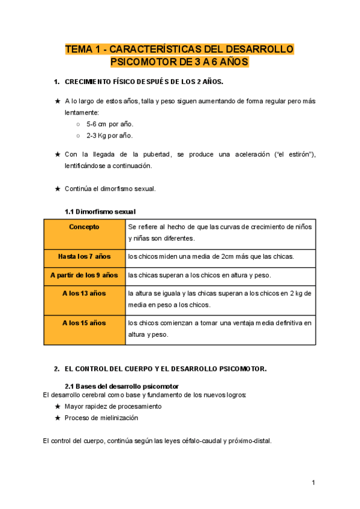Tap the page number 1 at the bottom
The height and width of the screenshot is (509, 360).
click(313, 483)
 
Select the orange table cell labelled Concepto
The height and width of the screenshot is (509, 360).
click(84, 227)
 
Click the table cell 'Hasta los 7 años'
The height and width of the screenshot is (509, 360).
click(84, 257)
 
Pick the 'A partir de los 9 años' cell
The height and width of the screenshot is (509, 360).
click(84, 276)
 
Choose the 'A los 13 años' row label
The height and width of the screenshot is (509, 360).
click(84, 294)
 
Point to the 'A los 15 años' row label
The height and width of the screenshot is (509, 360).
click(84, 323)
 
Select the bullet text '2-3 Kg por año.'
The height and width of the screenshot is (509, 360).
click(110, 136)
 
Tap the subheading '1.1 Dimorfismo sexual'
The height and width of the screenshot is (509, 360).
click(100, 212)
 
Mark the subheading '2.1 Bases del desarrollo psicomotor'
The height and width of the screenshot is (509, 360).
click(122, 385)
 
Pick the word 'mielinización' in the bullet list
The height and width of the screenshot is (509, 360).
click(116, 418)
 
